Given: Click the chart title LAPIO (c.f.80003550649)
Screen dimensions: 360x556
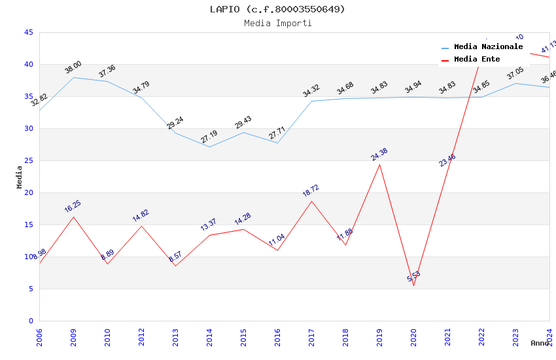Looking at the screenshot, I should pyautogui.click(x=277, y=9).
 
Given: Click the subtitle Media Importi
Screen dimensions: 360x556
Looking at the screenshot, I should pyautogui.click(x=277, y=23).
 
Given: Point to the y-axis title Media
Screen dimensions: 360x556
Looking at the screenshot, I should pyautogui.click(x=20, y=177).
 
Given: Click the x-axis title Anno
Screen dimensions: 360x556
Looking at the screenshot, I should pyautogui.click(x=540, y=343).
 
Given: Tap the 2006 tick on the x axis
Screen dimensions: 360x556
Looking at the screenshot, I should pyautogui.click(x=39, y=337).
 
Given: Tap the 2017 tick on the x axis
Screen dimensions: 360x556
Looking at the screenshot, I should pyautogui.click(x=311, y=337).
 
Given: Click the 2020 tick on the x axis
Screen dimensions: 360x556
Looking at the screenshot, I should pyautogui.click(x=413, y=337).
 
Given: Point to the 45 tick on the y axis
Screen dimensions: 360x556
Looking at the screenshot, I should pyautogui.click(x=28, y=32).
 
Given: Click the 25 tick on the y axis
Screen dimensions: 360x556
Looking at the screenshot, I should pyautogui.click(x=28, y=160).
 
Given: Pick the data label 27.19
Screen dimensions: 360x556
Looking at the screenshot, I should pyautogui.click(x=209, y=137).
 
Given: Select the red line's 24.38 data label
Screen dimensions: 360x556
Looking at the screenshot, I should pyautogui.click(x=379, y=154).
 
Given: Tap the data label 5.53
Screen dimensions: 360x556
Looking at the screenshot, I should pyautogui.click(x=413, y=277).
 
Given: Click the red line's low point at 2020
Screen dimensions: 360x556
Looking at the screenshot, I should pyautogui.click(x=413, y=285).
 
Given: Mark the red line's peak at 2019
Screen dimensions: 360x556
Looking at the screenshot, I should pyautogui.click(x=379, y=164).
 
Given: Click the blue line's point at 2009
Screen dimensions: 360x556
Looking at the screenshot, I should pyautogui.click(x=73, y=77).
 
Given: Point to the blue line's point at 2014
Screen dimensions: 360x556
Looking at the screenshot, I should pyautogui.click(x=209, y=147).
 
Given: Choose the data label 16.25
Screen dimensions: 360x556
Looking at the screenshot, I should pyautogui.click(x=73, y=207).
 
